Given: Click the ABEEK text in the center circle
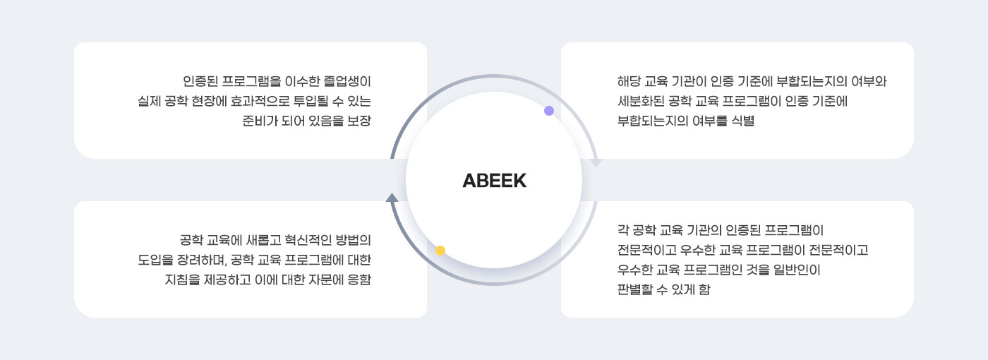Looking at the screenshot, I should pyautogui.click(x=494, y=181).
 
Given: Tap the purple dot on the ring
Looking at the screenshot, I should pyautogui.click(x=549, y=111).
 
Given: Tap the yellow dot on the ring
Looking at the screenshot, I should pyautogui.click(x=440, y=251).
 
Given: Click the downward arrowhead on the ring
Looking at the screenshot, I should pyautogui.click(x=596, y=162).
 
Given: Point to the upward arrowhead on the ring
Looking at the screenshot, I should pyautogui.click(x=392, y=197).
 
